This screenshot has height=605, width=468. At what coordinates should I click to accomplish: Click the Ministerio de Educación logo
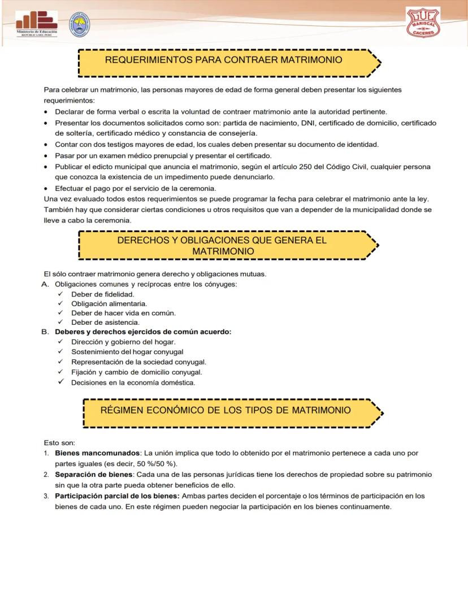(37, 23)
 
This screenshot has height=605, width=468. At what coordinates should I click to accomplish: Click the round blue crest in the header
(78, 25)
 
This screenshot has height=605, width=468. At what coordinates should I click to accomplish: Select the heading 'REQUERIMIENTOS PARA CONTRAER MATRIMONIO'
(223, 60)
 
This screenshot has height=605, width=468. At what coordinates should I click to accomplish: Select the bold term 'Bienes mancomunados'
(97, 453)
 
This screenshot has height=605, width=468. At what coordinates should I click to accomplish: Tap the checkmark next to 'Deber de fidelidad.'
(60, 294)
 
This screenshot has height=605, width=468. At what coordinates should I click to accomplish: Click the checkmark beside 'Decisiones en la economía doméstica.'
(60, 382)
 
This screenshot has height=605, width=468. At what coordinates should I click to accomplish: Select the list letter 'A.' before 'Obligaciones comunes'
(45, 284)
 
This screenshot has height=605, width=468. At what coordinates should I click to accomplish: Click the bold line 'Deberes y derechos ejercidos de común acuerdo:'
(143, 332)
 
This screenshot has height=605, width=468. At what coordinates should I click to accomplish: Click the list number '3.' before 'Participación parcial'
(46, 496)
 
